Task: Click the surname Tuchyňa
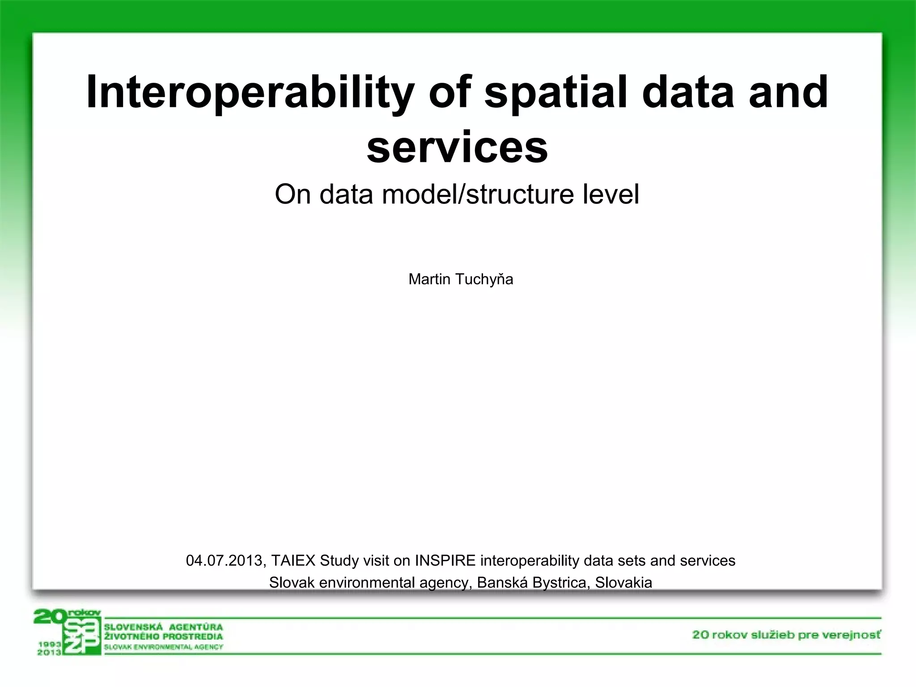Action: click(484, 279)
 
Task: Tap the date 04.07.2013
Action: click(225, 560)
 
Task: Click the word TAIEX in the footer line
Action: click(293, 560)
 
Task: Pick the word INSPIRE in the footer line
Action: click(445, 560)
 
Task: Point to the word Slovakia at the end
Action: click(623, 582)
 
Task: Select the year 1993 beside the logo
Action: click(49, 644)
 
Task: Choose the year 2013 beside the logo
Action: click(49, 652)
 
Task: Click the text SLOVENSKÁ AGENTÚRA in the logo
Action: click(163, 627)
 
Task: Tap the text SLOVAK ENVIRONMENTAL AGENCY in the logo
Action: click(163, 647)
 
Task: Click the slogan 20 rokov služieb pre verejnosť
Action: click(786, 635)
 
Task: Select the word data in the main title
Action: click(688, 93)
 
